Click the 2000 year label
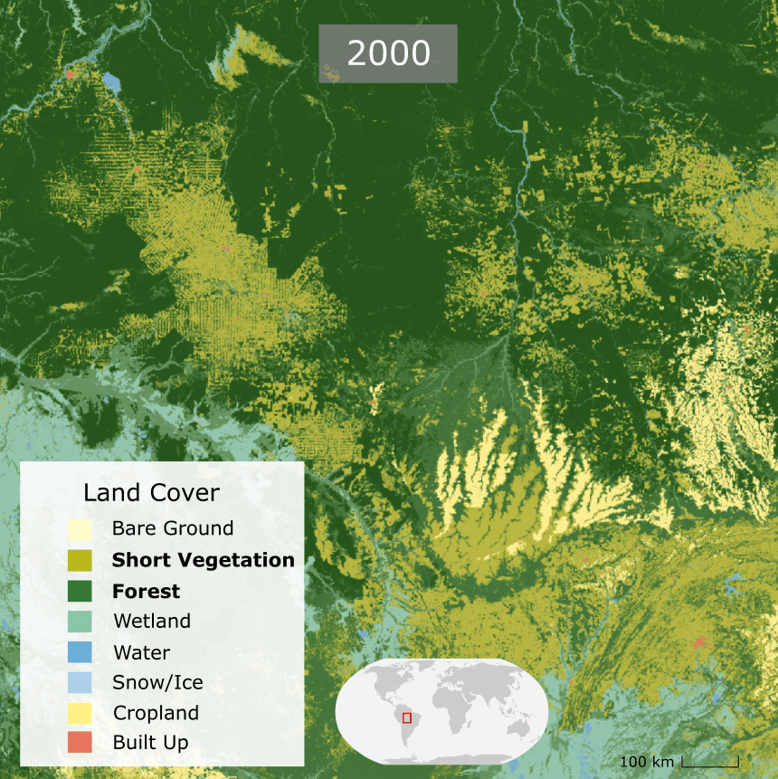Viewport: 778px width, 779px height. [x=388, y=53]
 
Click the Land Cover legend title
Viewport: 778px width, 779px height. [x=151, y=493]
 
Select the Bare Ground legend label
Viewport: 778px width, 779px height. [x=173, y=528]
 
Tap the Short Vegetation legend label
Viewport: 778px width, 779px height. [x=204, y=560]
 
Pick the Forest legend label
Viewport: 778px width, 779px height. [x=147, y=592]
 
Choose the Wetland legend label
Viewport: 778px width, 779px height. [x=152, y=622]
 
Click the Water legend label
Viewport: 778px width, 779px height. [x=142, y=652]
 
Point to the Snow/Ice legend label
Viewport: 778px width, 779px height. [x=158, y=682]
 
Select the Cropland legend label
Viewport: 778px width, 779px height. [x=156, y=713]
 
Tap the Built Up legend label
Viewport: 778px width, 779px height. [x=151, y=743]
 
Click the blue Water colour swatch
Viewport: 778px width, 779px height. [x=80, y=652]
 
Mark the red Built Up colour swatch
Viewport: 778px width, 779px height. [x=80, y=743]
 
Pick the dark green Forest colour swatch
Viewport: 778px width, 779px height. [x=80, y=592]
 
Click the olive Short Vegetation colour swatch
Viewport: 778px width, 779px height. [x=80, y=560]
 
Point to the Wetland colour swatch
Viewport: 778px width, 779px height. [x=80, y=622]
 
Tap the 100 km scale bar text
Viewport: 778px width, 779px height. [x=648, y=762]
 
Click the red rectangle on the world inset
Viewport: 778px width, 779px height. [x=407, y=717]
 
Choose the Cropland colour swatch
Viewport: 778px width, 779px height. [x=80, y=713]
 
